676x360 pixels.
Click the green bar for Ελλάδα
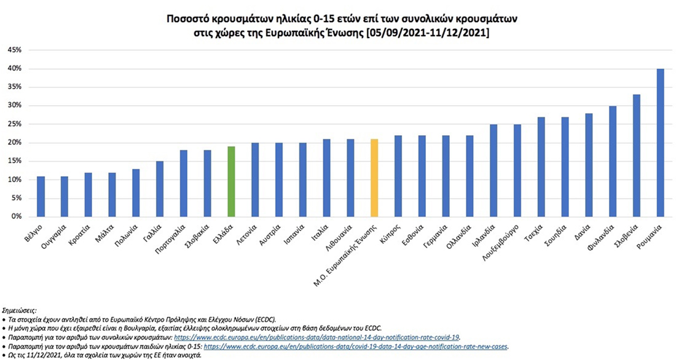click(x=231, y=182)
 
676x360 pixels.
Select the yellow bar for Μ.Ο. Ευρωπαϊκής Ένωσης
click(x=374, y=178)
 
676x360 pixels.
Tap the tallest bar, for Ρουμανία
click(x=660, y=143)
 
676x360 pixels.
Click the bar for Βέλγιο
click(x=41, y=197)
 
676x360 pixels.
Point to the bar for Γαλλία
click(x=160, y=189)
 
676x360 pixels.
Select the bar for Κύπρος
click(x=398, y=176)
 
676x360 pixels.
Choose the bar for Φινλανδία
click(x=613, y=162)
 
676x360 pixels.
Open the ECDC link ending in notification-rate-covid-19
click(x=317, y=337)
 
